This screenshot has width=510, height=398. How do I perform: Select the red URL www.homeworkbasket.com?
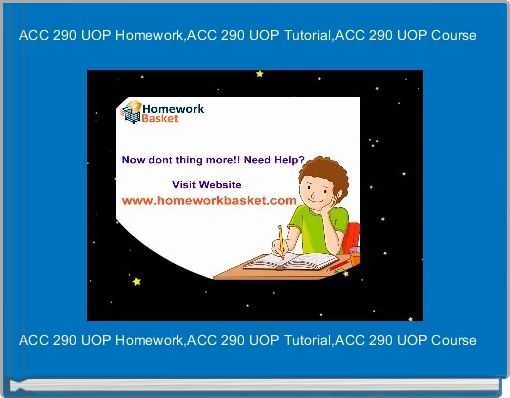tap(209, 200)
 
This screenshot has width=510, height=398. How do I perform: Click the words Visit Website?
tap(207, 184)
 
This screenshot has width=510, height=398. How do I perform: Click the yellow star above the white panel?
tap(260, 73)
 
